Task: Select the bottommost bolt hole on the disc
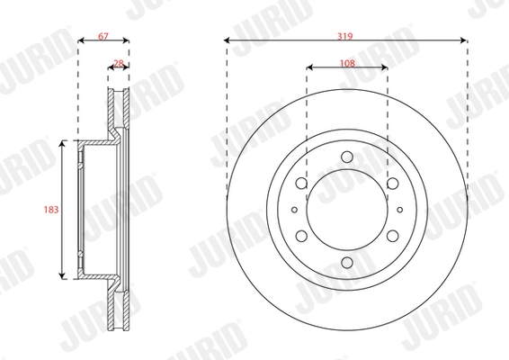click(x=347, y=263)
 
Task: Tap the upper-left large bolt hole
click(x=301, y=184)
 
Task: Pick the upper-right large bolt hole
click(x=393, y=184)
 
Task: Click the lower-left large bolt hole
click(x=301, y=237)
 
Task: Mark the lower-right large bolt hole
click(x=393, y=237)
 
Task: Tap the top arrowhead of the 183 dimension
click(x=61, y=143)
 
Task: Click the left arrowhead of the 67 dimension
click(x=81, y=40)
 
